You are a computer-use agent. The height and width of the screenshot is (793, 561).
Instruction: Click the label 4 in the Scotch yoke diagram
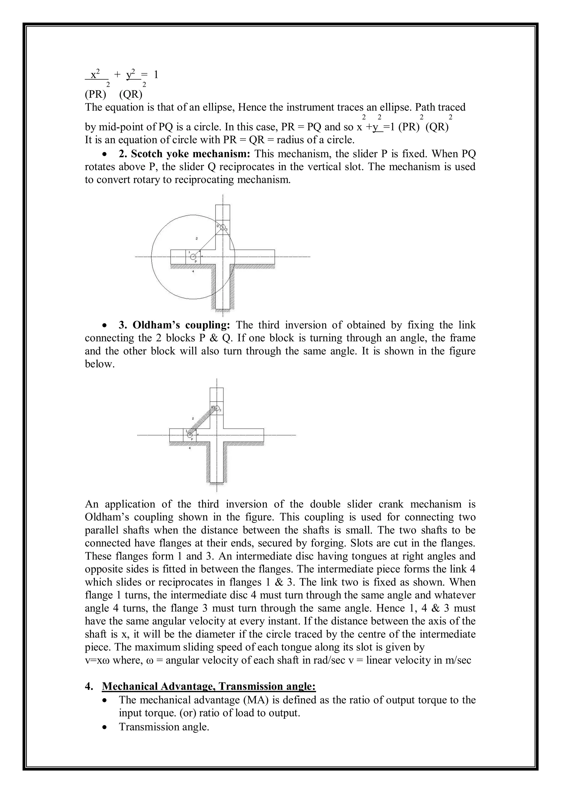tap(193, 272)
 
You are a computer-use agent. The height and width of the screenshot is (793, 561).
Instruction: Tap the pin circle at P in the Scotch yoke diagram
tap(193, 257)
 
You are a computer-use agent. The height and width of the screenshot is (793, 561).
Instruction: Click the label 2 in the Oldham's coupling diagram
tap(193, 418)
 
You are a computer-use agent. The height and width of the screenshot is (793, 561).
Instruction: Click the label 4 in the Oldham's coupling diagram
tap(190, 448)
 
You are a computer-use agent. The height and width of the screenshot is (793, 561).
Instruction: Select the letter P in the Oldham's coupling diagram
tap(192, 439)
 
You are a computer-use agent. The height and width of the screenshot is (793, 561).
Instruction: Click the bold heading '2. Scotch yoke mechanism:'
tap(185, 153)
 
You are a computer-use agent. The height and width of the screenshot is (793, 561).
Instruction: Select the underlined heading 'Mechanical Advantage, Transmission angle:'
tap(209, 686)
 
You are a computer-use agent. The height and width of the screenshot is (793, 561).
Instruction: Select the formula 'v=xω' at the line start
tap(97, 660)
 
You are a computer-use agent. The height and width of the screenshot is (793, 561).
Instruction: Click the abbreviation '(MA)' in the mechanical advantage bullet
tap(257, 700)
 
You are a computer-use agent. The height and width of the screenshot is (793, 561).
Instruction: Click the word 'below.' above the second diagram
tap(99, 364)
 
